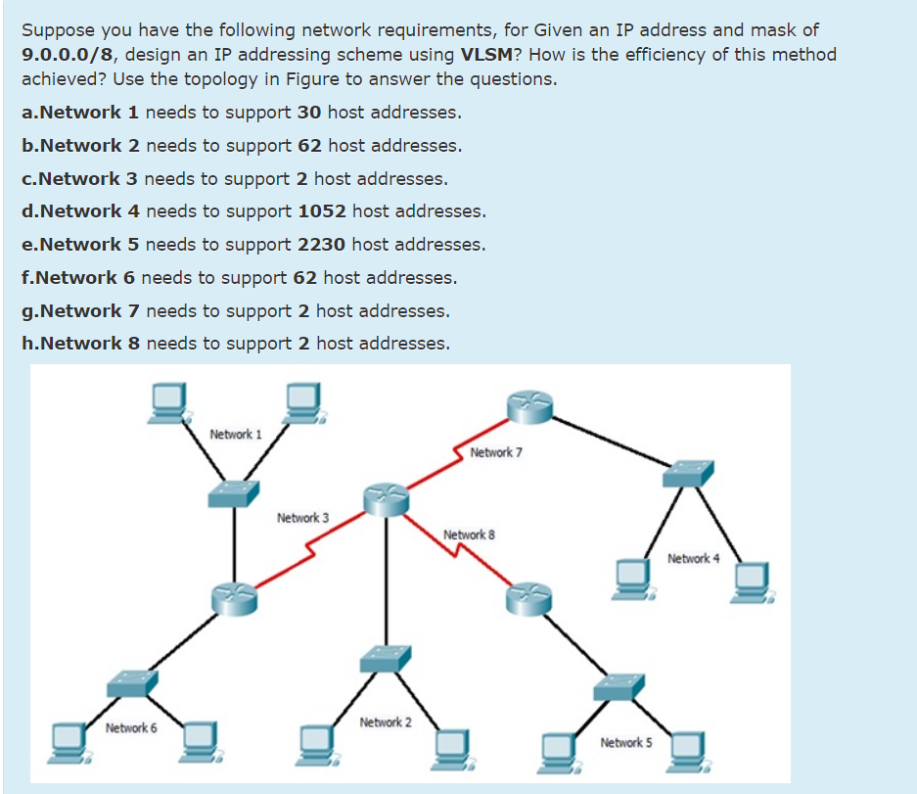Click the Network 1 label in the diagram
point(235,434)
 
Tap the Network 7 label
point(495,452)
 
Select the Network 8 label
point(469,535)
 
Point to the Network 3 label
point(302,517)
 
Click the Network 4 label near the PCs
point(693,558)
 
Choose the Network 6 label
point(131,727)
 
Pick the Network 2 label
point(386,722)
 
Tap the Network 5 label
point(625,742)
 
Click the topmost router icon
point(529,404)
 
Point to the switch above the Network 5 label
point(619,685)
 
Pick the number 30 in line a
point(309,113)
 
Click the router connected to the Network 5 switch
point(529,596)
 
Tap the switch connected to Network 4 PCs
point(688,474)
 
